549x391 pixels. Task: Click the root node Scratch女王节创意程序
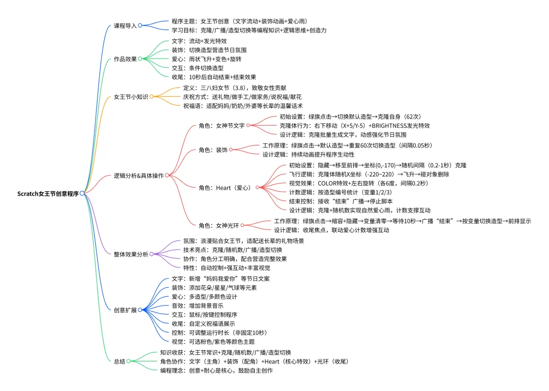(48, 194)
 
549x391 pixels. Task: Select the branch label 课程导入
(125, 25)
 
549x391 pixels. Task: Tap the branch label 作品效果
(125, 58)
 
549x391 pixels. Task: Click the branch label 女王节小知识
(131, 96)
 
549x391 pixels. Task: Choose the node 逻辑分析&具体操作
(138, 175)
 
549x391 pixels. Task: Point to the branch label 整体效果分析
(131, 254)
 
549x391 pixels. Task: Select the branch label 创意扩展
(125, 310)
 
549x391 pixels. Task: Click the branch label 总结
(119, 361)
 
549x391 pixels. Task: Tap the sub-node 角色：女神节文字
(222, 126)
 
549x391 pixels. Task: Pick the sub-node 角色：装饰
(212, 149)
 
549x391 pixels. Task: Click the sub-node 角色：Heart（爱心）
(226, 188)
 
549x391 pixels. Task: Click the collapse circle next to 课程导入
(140, 25)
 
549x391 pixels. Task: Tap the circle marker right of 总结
(129, 361)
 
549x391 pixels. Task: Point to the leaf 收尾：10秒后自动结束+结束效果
(214, 77)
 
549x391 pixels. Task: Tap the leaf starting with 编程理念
(216, 371)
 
